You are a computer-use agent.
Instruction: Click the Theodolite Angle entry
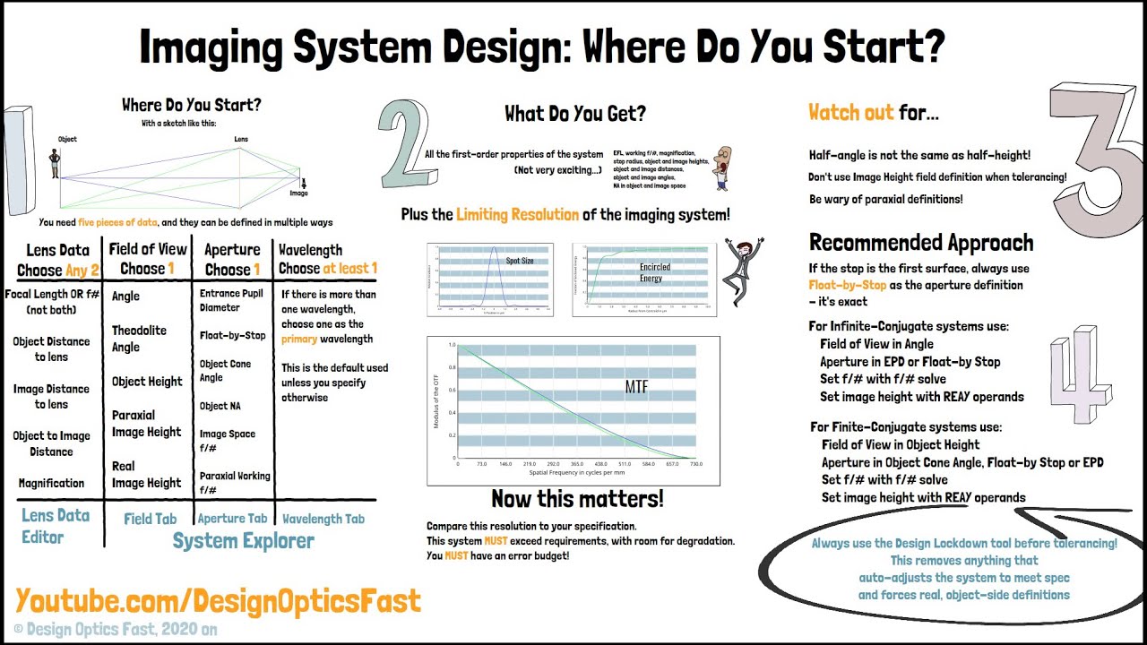[x=139, y=339]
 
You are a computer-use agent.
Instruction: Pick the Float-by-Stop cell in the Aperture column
[x=232, y=336]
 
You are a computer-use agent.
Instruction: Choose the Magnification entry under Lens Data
[x=51, y=483]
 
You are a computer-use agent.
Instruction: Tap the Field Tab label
[x=150, y=518]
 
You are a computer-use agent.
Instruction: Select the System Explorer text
[x=243, y=541]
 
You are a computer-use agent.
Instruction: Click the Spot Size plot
[x=491, y=279]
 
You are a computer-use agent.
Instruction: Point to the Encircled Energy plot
[x=644, y=279]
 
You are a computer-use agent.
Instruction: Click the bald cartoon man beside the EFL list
[x=723, y=167]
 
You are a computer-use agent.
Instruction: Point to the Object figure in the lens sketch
[x=55, y=162]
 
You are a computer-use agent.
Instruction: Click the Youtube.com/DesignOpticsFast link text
[x=218, y=601]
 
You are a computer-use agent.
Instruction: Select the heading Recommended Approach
[x=920, y=243]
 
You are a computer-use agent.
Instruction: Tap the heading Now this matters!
[x=577, y=498]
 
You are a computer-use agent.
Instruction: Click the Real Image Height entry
[x=146, y=474]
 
